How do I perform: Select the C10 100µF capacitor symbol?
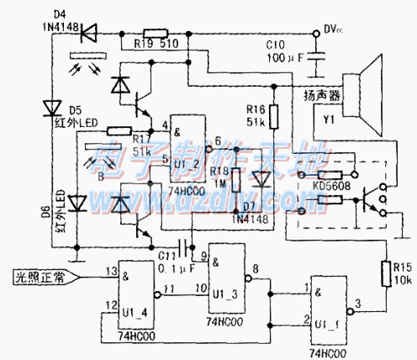pyautogui.click(x=317, y=56)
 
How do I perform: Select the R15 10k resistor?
pyautogui.click(x=389, y=271)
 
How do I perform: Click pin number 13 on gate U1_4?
pyautogui.click(x=110, y=271)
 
